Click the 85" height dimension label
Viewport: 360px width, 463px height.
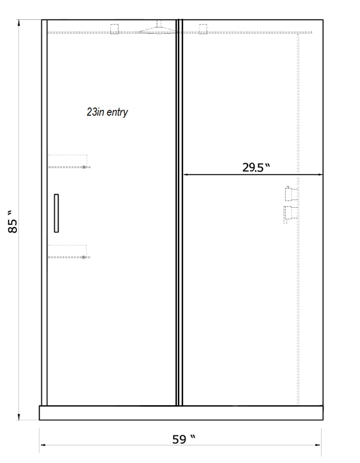click(12, 222)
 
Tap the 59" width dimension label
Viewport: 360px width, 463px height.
click(184, 439)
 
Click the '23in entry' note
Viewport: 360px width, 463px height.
click(107, 112)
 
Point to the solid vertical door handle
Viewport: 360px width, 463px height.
click(56, 213)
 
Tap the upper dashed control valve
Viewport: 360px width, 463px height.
click(291, 194)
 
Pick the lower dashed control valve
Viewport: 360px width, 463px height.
click(290, 214)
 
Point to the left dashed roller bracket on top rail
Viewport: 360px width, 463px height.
click(114, 29)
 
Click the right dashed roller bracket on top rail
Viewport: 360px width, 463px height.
click(203, 29)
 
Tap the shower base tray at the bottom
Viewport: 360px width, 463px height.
click(181, 413)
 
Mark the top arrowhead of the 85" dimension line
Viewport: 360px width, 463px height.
click(19, 23)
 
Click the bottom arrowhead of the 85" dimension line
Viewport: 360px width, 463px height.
click(19, 417)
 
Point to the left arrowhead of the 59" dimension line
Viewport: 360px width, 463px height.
click(43, 445)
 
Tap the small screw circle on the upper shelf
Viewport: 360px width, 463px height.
click(84, 167)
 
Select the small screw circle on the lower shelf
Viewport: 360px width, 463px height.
click(83, 258)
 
